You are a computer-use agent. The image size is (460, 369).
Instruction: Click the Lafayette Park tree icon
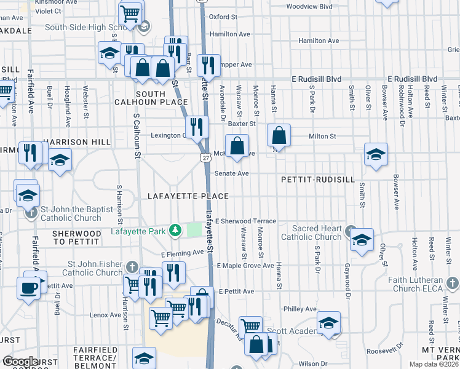pyautogui.click(x=176, y=231)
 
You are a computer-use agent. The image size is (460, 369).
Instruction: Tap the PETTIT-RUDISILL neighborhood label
pyautogui.click(x=317, y=180)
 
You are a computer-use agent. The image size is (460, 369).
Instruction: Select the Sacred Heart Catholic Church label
pyautogui.click(x=312, y=232)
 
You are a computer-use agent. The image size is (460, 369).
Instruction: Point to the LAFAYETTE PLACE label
pyautogui.click(x=188, y=196)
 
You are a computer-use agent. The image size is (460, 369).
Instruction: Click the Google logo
pyautogui.click(x=20, y=362)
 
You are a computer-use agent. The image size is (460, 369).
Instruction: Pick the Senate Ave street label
pyautogui.click(x=231, y=173)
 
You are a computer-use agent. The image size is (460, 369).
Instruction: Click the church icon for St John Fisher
pyautogui.click(x=132, y=266)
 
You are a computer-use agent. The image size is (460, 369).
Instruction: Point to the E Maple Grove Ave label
pyautogui.click(x=245, y=266)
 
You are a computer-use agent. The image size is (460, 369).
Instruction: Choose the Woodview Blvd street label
pyautogui.click(x=309, y=7)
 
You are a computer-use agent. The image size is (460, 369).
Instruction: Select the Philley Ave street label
pyautogui.click(x=299, y=309)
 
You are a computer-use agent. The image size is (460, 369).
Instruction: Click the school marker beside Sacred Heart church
pyautogui.click(x=362, y=240)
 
